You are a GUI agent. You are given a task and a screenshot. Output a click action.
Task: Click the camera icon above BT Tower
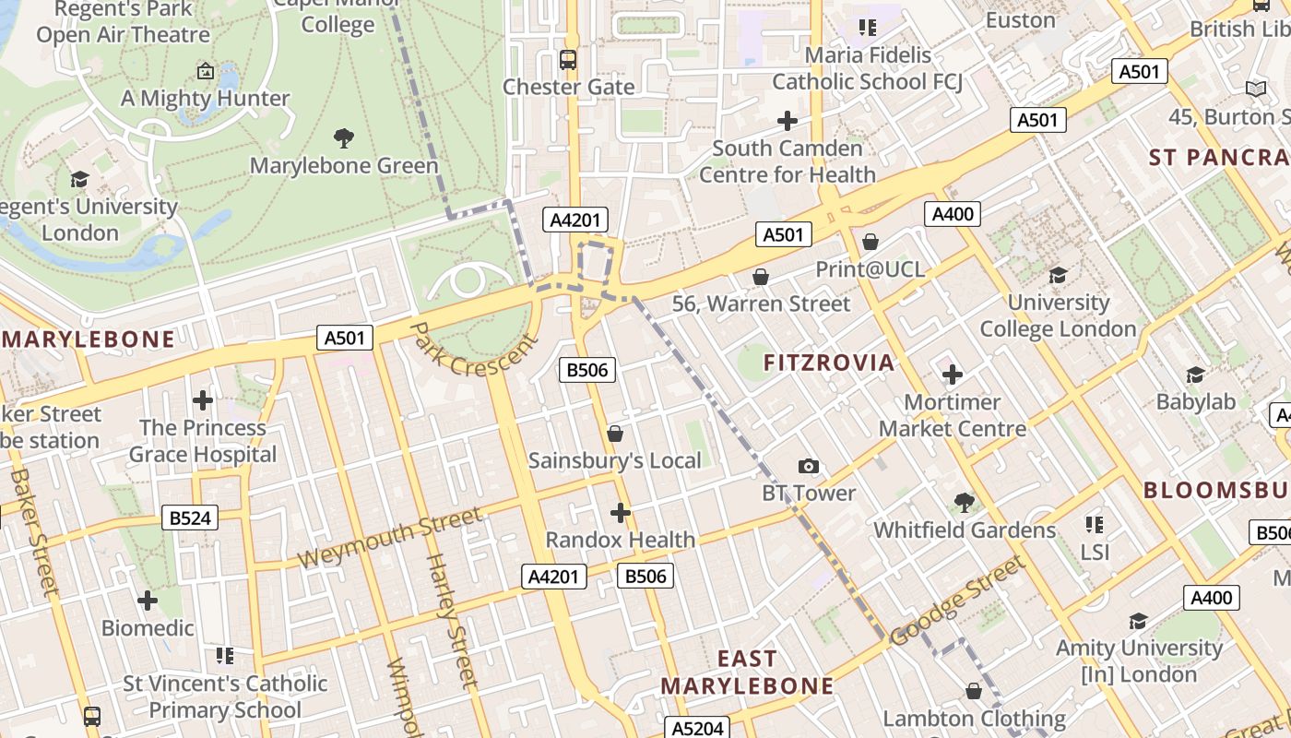[809, 467]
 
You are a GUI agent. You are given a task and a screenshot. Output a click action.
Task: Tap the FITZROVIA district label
[829, 363]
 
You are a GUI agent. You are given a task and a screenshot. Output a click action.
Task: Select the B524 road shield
[191, 518]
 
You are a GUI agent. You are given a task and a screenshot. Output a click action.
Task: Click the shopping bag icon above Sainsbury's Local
[615, 434]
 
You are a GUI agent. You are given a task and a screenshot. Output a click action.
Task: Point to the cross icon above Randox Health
[621, 513]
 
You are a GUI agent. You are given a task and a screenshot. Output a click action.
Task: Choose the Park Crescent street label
[474, 349]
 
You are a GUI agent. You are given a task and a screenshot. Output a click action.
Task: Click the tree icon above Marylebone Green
[344, 139]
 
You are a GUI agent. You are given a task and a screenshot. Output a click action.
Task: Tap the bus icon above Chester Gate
[568, 60]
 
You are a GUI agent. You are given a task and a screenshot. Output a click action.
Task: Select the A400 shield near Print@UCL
[953, 215]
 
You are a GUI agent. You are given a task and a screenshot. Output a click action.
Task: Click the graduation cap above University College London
[1058, 276]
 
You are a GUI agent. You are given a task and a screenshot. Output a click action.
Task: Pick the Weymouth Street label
[389, 539]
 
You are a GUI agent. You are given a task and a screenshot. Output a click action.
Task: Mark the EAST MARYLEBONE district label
[747, 673]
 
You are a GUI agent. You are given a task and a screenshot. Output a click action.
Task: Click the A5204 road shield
[698, 728]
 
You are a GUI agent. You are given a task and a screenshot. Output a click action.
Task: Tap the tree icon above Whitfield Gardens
[965, 503]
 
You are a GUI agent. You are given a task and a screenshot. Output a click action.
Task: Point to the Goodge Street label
[958, 601]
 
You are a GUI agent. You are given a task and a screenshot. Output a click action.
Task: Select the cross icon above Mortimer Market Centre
[953, 375]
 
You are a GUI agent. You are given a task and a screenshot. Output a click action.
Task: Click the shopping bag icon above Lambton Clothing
[974, 691]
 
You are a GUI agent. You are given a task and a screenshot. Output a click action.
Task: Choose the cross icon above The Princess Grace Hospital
[203, 400]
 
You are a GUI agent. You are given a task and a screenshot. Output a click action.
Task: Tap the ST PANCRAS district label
[1217, 157]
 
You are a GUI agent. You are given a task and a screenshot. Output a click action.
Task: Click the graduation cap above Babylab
[1196, 375]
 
